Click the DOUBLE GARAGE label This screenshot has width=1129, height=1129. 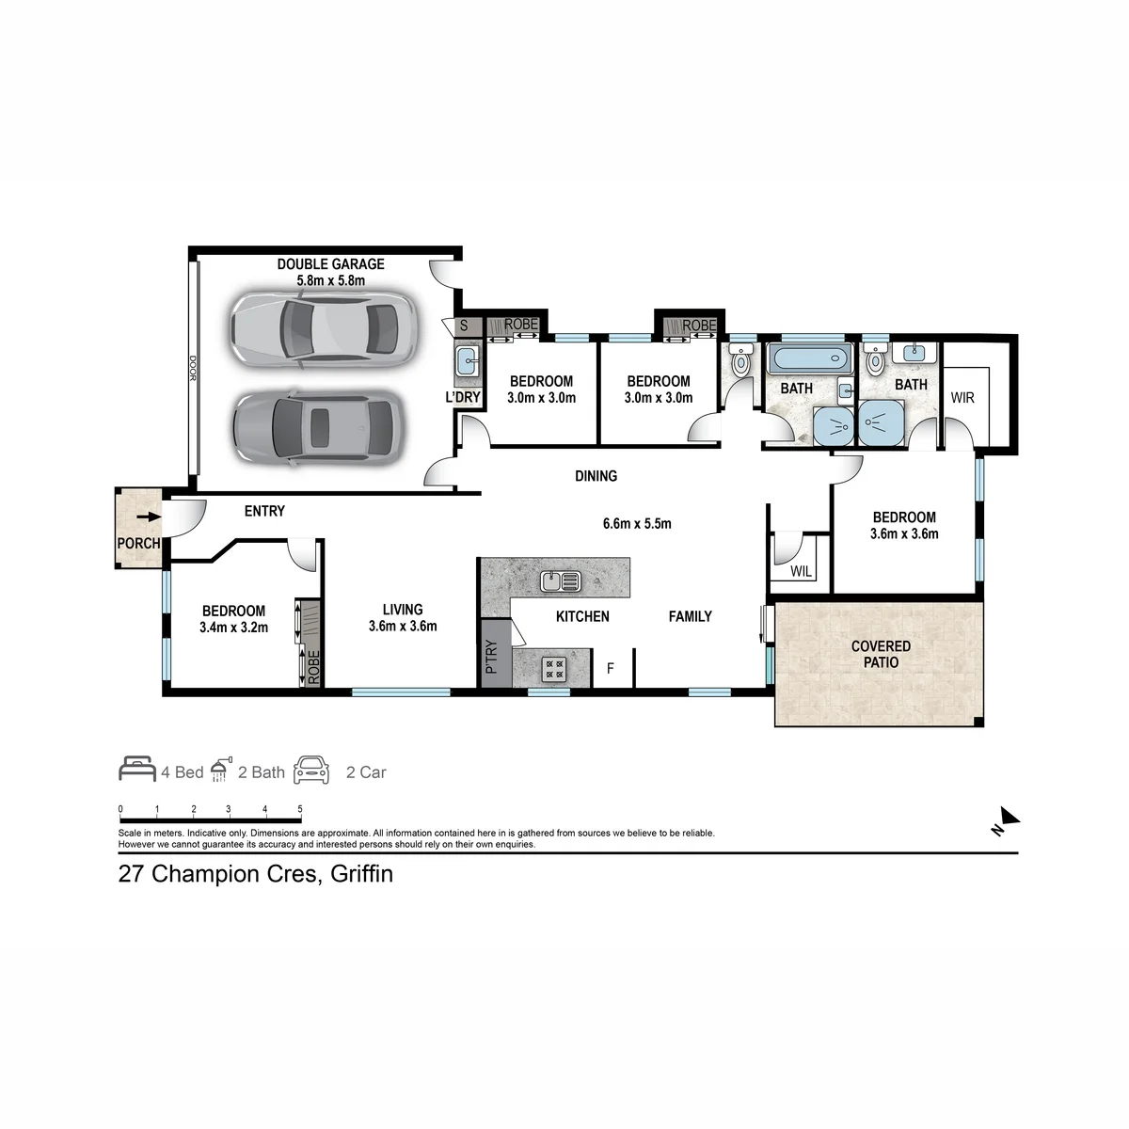pos(330,264)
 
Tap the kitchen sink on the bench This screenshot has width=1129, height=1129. pos(561,581)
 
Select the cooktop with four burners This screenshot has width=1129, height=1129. pos(553,669)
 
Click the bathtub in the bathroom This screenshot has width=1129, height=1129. pos(810,358)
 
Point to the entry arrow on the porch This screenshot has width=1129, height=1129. pos(149,517)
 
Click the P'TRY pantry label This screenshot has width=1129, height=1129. pos(491,656)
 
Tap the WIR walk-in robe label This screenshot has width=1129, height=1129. pos(962,398)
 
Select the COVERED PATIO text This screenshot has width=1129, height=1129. pos(881,655)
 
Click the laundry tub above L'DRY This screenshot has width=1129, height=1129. pos(467,360)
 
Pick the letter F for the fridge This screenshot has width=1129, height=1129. pos(610,668)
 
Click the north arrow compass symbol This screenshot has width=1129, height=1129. pos(1006,820)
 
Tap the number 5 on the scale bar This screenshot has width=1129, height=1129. pos(300,809)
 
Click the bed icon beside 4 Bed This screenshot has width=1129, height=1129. pos(137,769)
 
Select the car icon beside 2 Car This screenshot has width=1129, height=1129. pos(311,770)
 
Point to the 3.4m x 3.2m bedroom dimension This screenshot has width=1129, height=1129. pos(233,628)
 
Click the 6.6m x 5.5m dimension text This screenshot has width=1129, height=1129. pos(637,523)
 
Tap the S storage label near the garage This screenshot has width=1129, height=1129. pos(464,326)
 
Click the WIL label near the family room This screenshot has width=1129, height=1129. pos(801,571)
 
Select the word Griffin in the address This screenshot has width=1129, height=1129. pos(361,874)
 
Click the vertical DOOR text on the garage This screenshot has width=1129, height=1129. pos(192,369)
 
